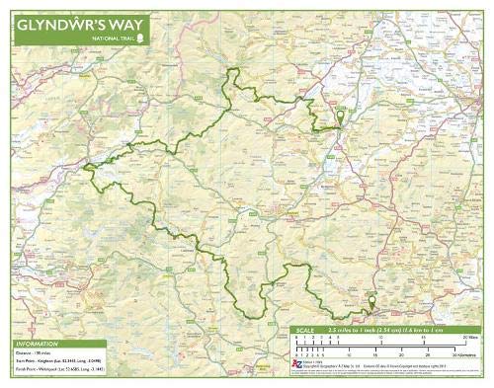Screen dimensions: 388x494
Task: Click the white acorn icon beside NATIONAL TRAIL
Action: (141, 39)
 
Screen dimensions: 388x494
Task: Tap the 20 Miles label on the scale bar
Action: (470, 339)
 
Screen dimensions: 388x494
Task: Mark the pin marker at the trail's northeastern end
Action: (341, 117)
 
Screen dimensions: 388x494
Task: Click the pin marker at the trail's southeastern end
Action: (371, 301)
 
